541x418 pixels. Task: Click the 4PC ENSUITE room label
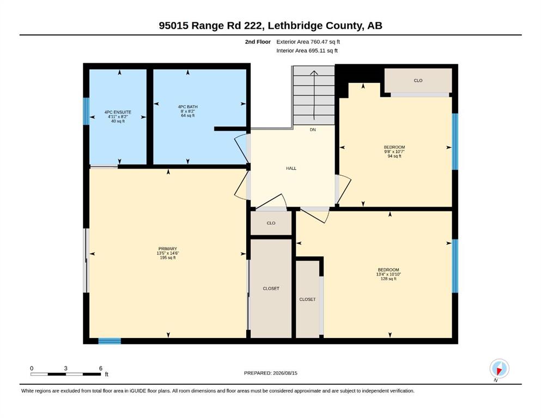(118, 112)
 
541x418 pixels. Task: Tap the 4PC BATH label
(188, 107)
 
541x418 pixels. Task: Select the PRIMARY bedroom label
(168, 249)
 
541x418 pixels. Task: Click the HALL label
(291, 169)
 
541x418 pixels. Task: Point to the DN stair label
(313, 130)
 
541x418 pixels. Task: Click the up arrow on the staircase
(314, 95)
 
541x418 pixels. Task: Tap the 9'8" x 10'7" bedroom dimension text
(394, 152)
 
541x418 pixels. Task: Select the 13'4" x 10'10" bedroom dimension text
(388, 274)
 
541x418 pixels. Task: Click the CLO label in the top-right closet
(418, 81)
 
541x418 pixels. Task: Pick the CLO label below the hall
(271, 223)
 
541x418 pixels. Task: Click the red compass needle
(499, 371)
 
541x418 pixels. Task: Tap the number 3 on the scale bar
(65, 368)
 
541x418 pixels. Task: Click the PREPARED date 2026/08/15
(285, 373)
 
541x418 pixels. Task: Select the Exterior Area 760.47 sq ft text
(308, 42)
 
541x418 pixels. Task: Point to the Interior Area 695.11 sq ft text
(307, 51)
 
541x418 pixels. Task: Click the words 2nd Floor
(258, 42)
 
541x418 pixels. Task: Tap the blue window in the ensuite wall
(86, 112)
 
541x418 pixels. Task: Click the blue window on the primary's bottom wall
(110, 341)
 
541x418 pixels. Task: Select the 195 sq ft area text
(168, 258)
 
